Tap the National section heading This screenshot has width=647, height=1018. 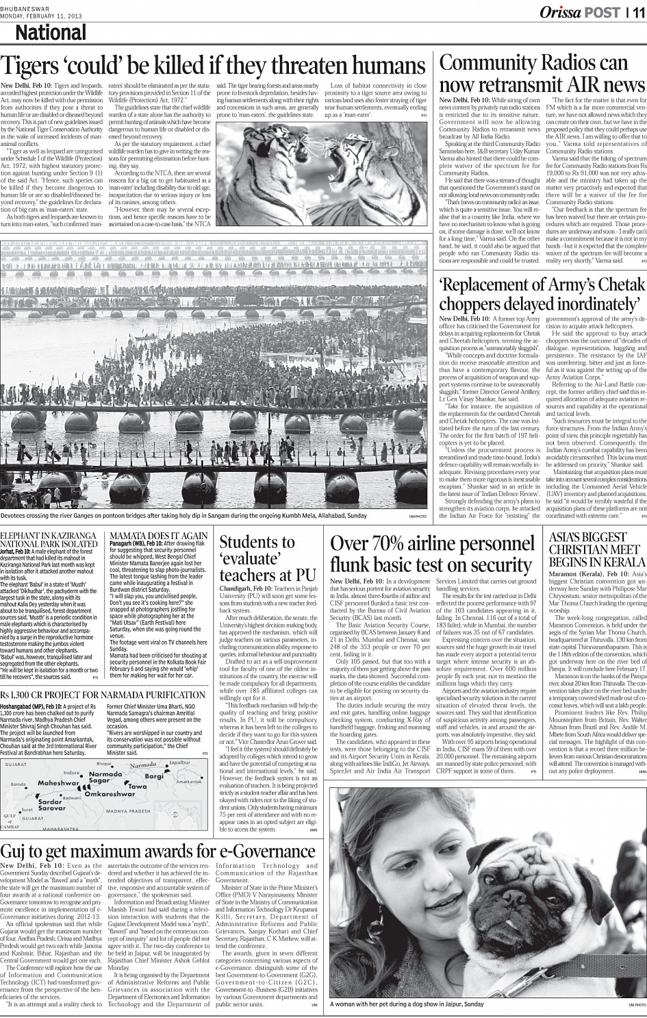click(x=51, y=33)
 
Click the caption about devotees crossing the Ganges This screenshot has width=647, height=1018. click(x=183, y=515)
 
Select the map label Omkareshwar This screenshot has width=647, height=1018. click(x=118, y=812)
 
